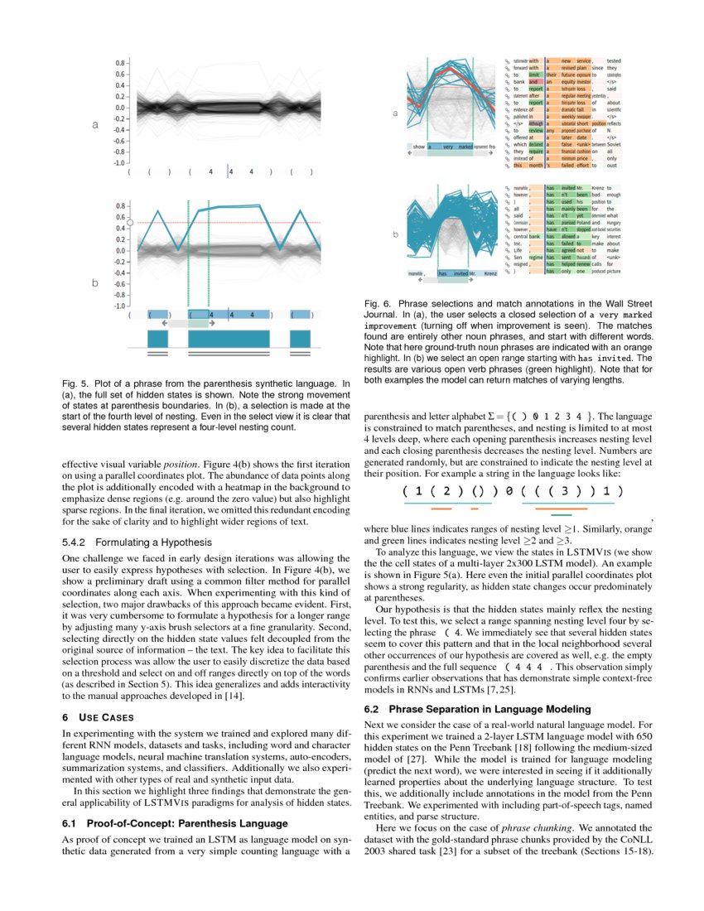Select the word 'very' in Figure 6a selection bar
[x=448, y=147]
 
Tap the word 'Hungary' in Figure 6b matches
[x=614, y=223]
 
